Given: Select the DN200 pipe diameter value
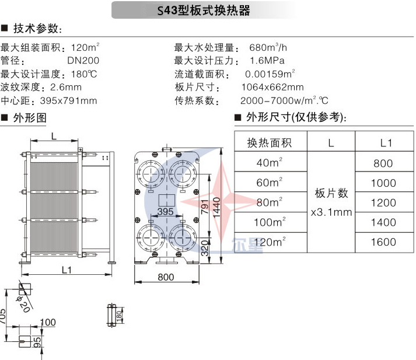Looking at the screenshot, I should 83,60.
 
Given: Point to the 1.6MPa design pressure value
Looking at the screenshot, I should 268,60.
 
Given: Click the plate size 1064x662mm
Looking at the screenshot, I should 272,87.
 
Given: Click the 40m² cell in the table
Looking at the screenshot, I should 269,163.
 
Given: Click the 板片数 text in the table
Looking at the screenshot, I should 331,193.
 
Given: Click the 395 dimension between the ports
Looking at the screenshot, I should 166,211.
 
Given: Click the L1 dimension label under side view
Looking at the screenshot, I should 66,270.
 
